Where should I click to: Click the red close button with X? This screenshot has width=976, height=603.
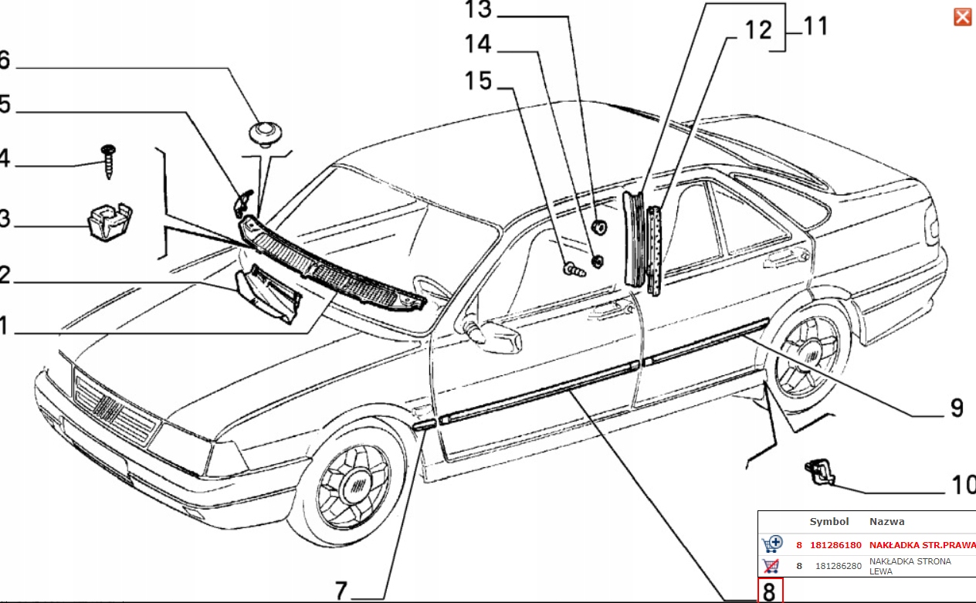[962, 17]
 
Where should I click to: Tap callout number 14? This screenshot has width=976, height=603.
[478, 45]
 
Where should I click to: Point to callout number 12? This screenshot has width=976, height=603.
[758, 30]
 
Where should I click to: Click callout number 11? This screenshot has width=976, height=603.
[815, 26]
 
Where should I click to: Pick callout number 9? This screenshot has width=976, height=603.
[956, 407]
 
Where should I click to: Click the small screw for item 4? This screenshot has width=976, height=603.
[107, 161]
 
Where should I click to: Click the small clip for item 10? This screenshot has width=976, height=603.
[819, 471]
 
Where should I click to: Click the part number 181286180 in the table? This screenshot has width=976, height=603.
[835, 544]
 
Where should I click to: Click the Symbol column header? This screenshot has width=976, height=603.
[829, 522]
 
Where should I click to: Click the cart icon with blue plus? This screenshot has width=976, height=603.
[771, 544]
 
